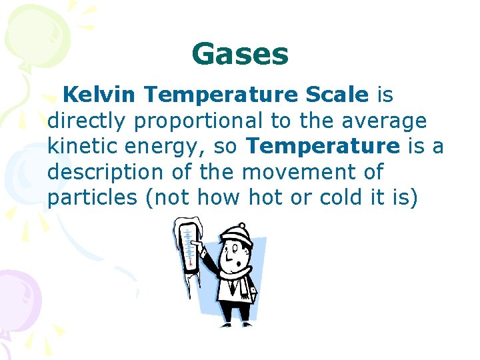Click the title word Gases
(240, 54)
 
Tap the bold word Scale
(337, 95)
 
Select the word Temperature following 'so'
(323, 147)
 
